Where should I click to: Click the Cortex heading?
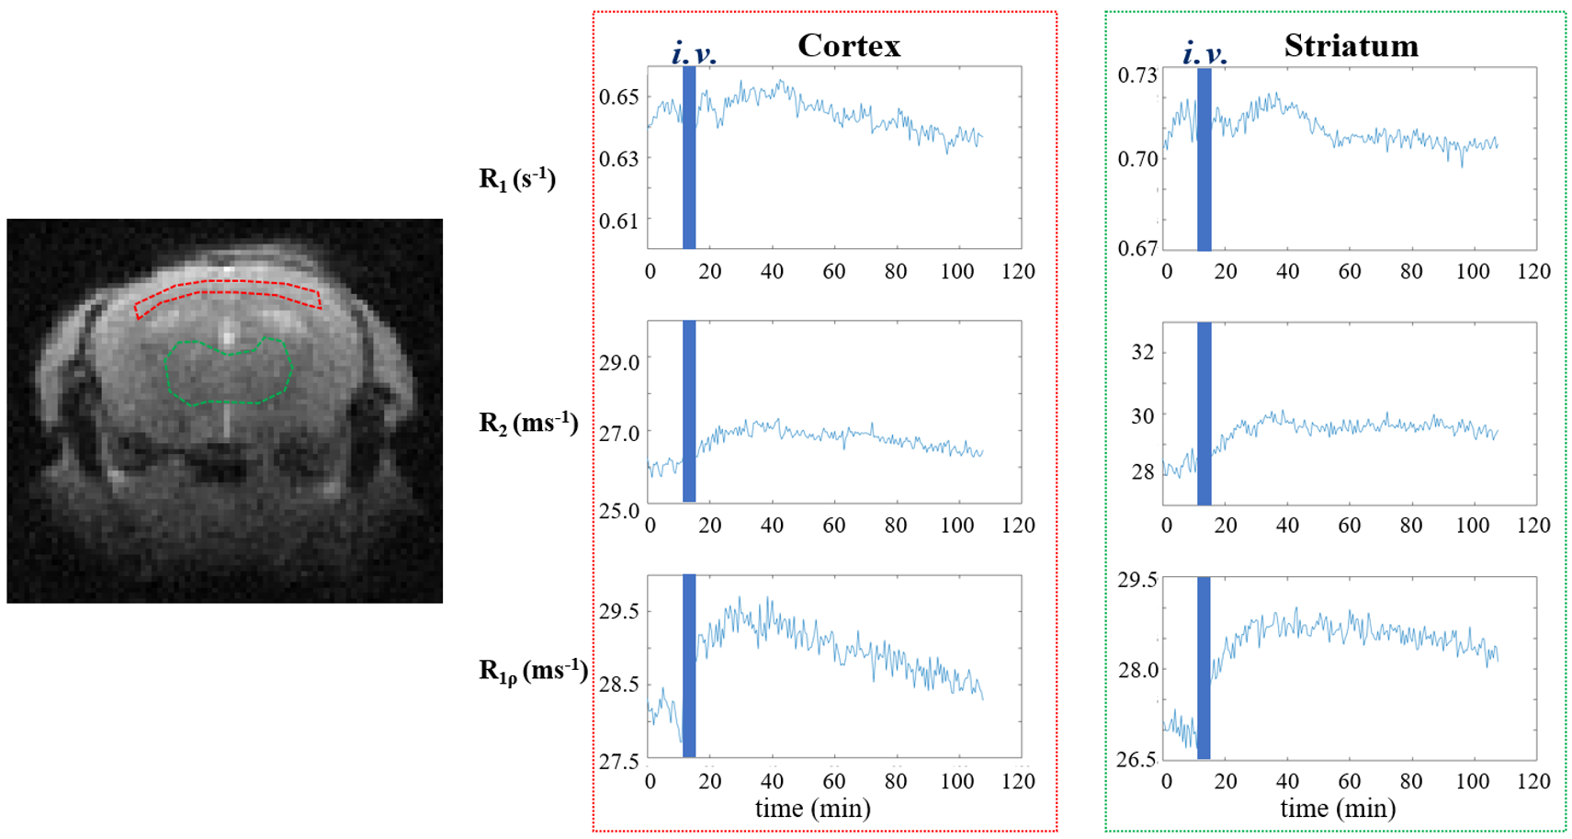(849, 46)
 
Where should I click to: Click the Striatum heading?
(1351, 46)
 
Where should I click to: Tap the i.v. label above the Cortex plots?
(694, 52)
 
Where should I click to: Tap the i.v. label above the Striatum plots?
(1205, 52)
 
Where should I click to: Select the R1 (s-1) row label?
(517, 179)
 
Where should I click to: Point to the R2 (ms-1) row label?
(528, 423)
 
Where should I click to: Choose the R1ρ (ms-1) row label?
(534, 671)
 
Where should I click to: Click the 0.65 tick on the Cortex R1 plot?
(619, 96)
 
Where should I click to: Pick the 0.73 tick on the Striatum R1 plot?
(1137, 74)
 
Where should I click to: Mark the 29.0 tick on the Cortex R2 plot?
(619, 362)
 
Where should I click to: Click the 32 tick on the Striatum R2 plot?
(1143, 351)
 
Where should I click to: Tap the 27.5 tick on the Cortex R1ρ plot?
(619, 761)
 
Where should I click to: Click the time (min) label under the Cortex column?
(813, 809)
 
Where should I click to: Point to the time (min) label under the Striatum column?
(1338, 809)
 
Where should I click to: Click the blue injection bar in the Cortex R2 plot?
(689, 412)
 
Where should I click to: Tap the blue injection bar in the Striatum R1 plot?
(1204, 159)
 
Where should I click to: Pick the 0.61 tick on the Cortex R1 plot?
(619, 221)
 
